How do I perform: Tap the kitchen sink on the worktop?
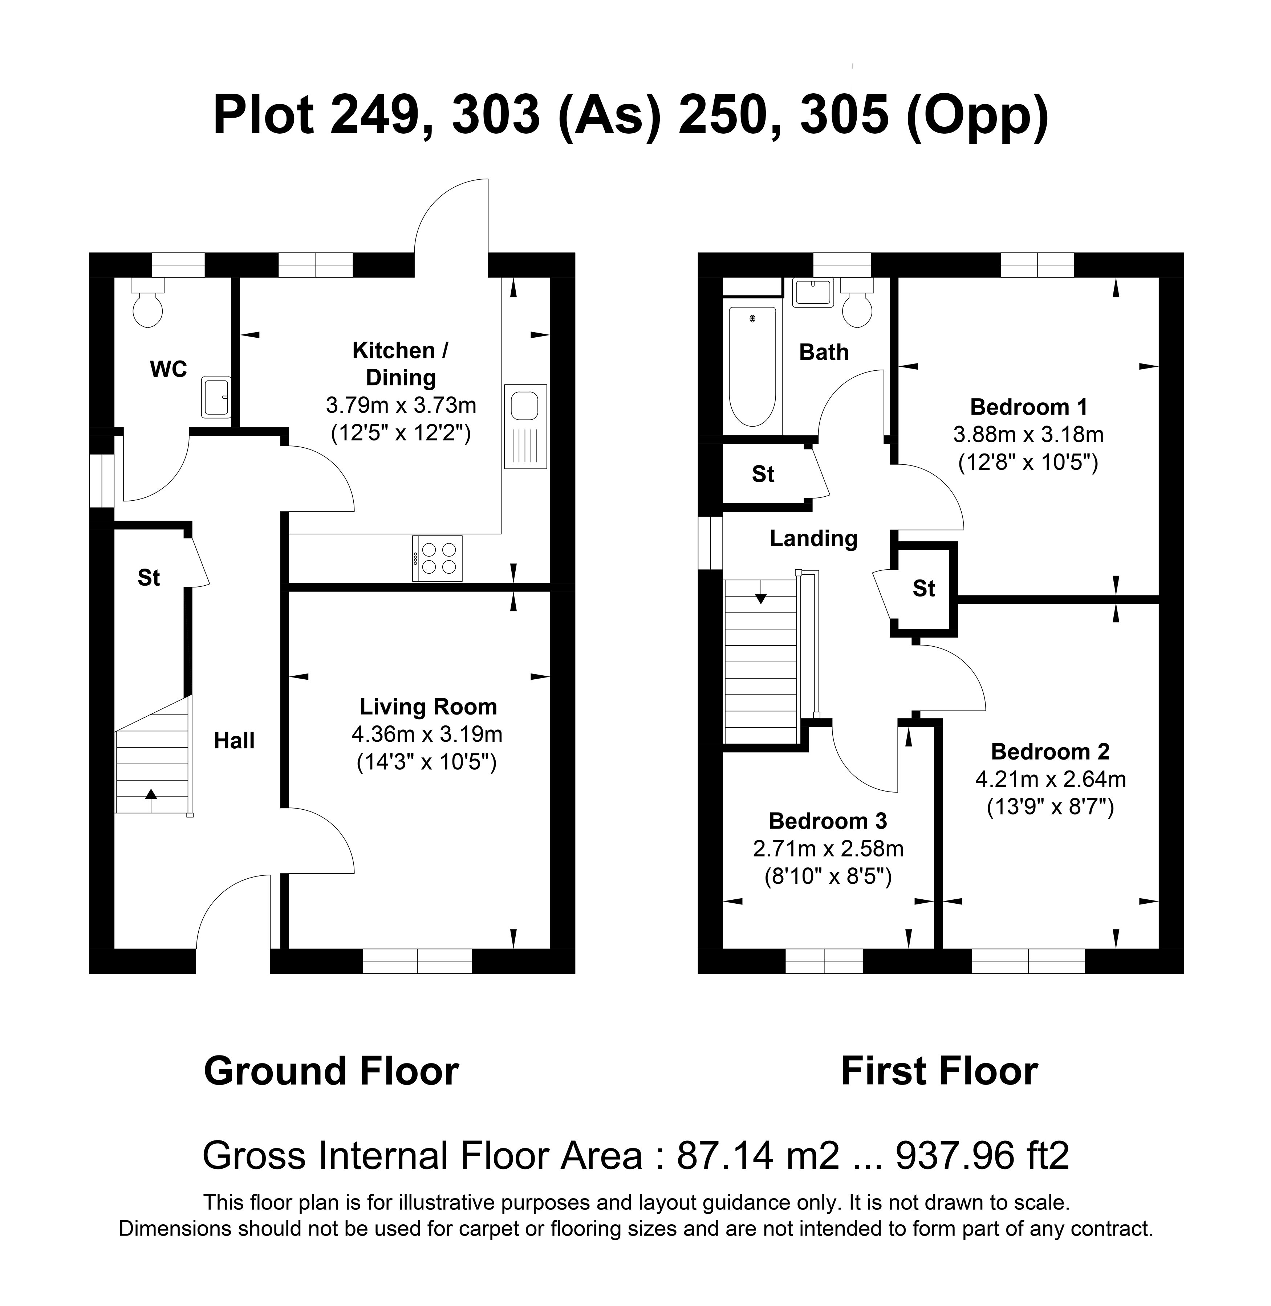[x=525, y=426]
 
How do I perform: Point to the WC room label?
[x=168, y=369]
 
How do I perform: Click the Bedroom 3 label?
[x=828, y=821]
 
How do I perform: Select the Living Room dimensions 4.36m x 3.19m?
[x=427, y=735]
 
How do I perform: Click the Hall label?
[x=234, y=741]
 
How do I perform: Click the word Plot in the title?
[x=264, y=115]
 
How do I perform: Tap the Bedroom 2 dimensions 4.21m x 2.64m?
[x=1050, y=779]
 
